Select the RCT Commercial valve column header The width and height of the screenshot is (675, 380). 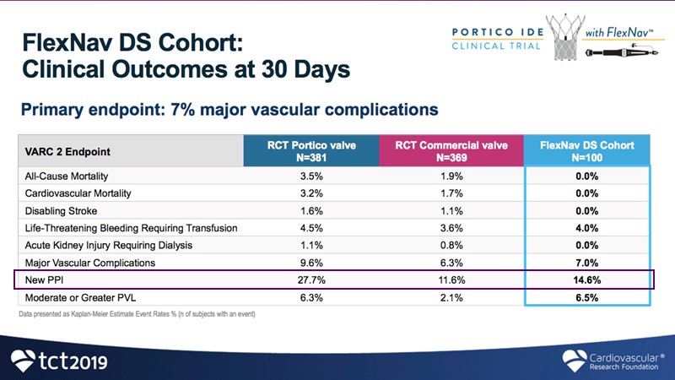click(x=451, y=151)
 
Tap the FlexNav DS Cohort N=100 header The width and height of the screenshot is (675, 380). click(x=587, y=151)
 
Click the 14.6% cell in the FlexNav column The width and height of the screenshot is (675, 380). click(x=587, y=279)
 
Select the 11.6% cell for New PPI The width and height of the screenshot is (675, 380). click(x=451, y=279)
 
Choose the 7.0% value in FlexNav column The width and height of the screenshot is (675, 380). click(x=587, y=262)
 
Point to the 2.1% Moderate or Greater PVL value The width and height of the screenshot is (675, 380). click(x=451, y=296)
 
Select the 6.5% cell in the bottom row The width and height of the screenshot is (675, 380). click(x=587, y=296)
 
